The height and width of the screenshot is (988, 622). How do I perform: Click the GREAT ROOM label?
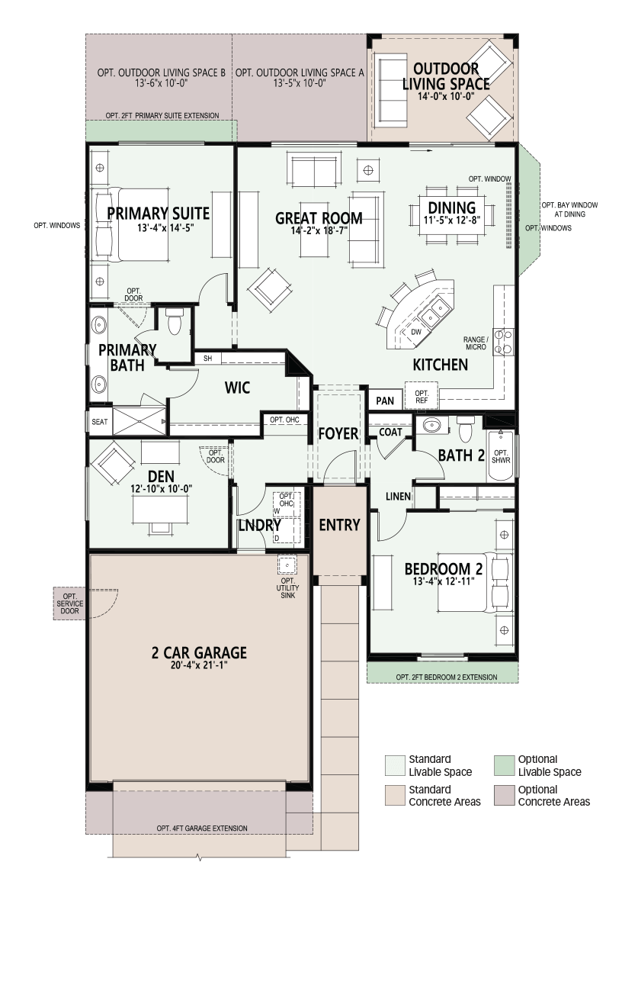click(319, 218)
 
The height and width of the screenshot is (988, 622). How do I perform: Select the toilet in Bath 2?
click(465, 428)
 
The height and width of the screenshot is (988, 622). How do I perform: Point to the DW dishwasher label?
click(416, 332)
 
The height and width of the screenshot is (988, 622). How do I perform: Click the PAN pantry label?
click(385, 401)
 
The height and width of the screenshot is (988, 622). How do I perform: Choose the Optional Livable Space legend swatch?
click(505, 765)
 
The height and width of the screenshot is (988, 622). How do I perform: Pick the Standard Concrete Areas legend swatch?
click(395, 795)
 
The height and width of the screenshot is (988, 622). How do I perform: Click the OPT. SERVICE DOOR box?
click(69, 603)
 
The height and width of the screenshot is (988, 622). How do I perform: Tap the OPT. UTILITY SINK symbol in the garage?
click(287, 565)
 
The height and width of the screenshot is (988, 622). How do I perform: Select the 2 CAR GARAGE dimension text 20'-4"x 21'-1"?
click(199, 665)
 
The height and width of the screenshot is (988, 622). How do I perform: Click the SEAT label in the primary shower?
click(100, 422)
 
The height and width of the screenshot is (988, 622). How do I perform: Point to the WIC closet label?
click(237, 388)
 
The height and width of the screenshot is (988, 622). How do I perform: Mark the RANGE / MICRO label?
click(476, 343)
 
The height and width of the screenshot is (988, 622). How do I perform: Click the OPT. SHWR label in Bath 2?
click(502, 456)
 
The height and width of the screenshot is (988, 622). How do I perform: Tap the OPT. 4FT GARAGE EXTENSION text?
click(202, 829)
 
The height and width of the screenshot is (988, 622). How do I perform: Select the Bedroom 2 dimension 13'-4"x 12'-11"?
click(444, 581)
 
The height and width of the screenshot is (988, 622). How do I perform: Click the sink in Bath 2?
click(431, 425)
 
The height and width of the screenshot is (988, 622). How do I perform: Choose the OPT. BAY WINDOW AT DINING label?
click(569, 210)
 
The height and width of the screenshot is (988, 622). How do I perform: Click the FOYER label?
click(338, 433)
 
